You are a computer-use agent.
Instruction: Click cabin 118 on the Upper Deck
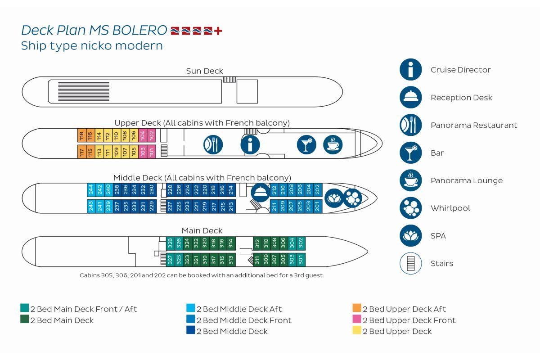(x=82, y=135)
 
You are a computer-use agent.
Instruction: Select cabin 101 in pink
(x=152, y=152)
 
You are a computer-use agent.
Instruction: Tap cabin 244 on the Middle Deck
(x=91, y=190)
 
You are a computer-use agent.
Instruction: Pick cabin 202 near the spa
(x=318, y=190)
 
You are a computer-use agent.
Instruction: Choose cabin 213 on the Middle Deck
(x=231, y=207)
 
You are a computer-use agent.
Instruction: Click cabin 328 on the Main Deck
(x=170, y=243)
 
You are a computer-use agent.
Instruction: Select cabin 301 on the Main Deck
(x=301, y=260)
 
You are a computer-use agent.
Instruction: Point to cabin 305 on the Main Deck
(x=283, y=260)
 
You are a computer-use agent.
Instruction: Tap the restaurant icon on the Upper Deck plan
(x=213, y=145)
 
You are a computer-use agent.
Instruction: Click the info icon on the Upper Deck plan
(x=250, y=145)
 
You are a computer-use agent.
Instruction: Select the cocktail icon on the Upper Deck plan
(x=306, y=145)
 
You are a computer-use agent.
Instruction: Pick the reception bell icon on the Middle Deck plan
(x=261, y=193)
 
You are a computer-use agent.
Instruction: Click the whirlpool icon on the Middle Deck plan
(x=352, y=198)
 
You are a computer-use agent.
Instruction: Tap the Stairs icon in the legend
(x=410, y=263)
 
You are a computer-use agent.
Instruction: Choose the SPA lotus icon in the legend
(x=410, y=236)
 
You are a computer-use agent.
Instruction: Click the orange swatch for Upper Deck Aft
(x=357, y=308)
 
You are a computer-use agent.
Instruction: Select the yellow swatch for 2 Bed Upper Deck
(x=357, y=330)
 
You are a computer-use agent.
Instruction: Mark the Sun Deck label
(x=204, y=71)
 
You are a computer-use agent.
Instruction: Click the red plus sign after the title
(x=218, y=31)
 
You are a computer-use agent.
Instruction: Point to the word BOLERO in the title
(x=139, y=31)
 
